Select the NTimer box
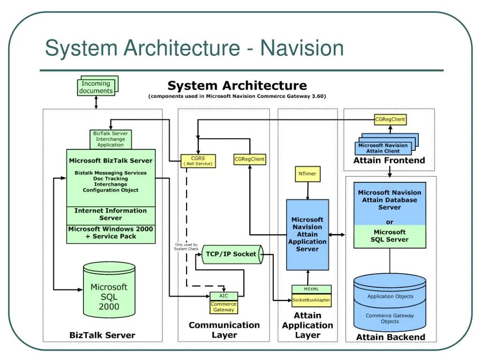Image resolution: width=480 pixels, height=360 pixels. click(307, 174)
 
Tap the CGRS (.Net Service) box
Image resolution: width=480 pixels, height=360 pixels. click(198, 161)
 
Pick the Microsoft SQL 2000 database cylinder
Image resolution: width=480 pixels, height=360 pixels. click(109, 290)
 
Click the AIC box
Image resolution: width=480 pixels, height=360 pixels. click(224, 296)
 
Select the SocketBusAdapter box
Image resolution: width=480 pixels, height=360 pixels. click(311, 300)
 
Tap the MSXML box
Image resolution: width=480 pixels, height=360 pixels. click(311, 289)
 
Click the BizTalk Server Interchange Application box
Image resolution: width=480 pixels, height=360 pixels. click(111, 139)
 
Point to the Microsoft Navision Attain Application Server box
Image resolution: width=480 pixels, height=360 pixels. click(307, 234)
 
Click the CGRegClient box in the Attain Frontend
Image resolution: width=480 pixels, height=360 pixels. click(390, 120)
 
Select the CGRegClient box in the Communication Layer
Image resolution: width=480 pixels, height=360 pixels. click(249, 159)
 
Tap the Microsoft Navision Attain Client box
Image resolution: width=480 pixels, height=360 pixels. click(383, 149)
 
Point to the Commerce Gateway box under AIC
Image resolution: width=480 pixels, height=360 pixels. click(224, 307)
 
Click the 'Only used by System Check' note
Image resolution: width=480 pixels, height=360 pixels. click(186, 247)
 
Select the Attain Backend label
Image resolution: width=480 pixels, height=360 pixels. click(390, 337)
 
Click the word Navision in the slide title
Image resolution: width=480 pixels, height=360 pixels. click(302, 48)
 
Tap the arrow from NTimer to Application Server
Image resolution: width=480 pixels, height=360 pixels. click(307, 191)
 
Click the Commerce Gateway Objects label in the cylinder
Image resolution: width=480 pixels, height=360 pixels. click(390, 318)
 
